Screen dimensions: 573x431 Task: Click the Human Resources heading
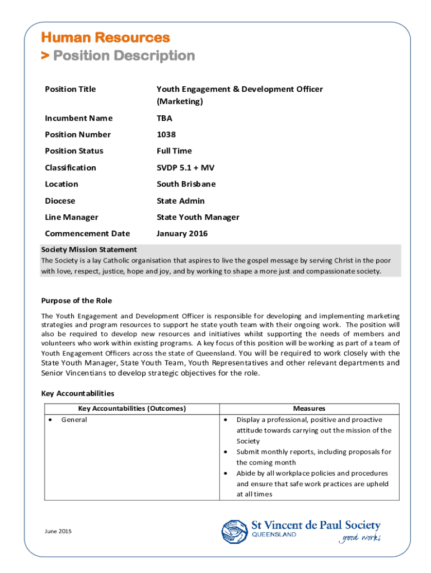point(105,38)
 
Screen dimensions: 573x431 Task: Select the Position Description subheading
point(118,56)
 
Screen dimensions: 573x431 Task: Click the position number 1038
point(166,134)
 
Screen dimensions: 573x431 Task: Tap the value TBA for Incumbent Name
point(165,118)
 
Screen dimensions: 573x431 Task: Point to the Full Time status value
point(174,151)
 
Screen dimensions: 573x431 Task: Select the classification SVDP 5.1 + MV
point(185,168)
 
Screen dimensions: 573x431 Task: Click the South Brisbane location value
point(186,184)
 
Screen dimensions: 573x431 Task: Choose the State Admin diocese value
point(180,201)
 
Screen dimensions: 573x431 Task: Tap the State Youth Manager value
point(198,217)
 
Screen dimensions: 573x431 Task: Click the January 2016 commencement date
point(182,234)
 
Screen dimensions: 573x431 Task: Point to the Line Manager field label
point(71,217)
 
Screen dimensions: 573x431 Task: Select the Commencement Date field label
point(87,234)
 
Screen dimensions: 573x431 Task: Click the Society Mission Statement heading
point(89,250)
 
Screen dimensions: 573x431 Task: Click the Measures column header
point(309,408)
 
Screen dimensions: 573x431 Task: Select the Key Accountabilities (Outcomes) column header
point(132,408)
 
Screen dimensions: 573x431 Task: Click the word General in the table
point(74,420)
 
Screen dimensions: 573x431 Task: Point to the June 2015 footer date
point(58,530)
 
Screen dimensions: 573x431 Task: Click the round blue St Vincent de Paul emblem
point(234,531)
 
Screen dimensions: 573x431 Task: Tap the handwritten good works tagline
point(359,538)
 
